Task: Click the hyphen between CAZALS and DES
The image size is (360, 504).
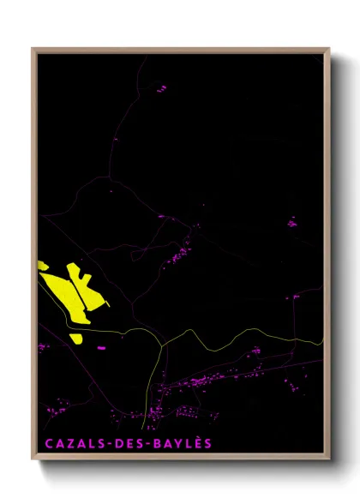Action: click(x=108, y=444)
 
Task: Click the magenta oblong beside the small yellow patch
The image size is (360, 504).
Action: click(x=100, y=347)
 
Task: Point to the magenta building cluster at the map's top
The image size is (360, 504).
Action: click(x=160, y=87)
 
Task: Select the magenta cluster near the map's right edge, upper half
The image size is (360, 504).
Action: click(x=291, y=223)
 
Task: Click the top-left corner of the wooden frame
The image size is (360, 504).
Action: click(x=33, y=49)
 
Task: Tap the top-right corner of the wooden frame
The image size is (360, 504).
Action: click(x=329, y=49)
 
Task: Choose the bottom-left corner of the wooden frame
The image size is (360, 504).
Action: click(x=33, y=460)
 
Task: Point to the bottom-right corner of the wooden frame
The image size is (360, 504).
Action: click(x=329, y=460)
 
